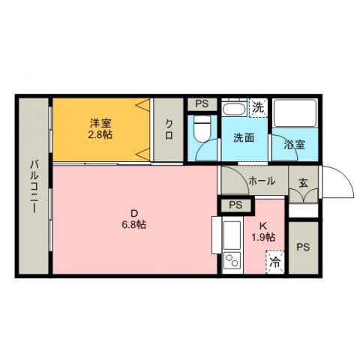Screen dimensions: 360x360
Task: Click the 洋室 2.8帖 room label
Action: [100, 129]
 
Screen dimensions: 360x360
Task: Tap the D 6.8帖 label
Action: [134, 219]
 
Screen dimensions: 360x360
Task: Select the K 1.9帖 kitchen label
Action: [263, 232]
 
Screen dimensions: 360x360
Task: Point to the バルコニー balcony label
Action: [34, 187]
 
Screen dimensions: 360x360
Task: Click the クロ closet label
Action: [169, 129]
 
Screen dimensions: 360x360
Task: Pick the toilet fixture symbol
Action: [202, 128]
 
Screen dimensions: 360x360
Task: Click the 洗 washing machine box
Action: [258, 108]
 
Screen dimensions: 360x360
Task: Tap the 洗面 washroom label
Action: [244, 138]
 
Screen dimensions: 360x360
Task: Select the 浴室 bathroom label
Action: [294, 144]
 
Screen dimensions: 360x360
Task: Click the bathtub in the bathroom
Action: [295, 113]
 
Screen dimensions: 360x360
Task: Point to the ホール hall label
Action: [262, 181]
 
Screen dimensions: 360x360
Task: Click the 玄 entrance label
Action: [303, 183]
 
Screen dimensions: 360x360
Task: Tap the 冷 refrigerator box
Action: [275, 262]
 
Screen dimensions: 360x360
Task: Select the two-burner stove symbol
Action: [232, 260]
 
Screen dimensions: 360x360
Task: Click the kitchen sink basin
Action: [232, 235]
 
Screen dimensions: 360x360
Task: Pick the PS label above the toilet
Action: [202, 103]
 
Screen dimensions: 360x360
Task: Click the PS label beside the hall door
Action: [235, 205]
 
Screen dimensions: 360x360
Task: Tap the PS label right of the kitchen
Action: [303, 247]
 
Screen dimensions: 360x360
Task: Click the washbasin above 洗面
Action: [235, 108]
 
